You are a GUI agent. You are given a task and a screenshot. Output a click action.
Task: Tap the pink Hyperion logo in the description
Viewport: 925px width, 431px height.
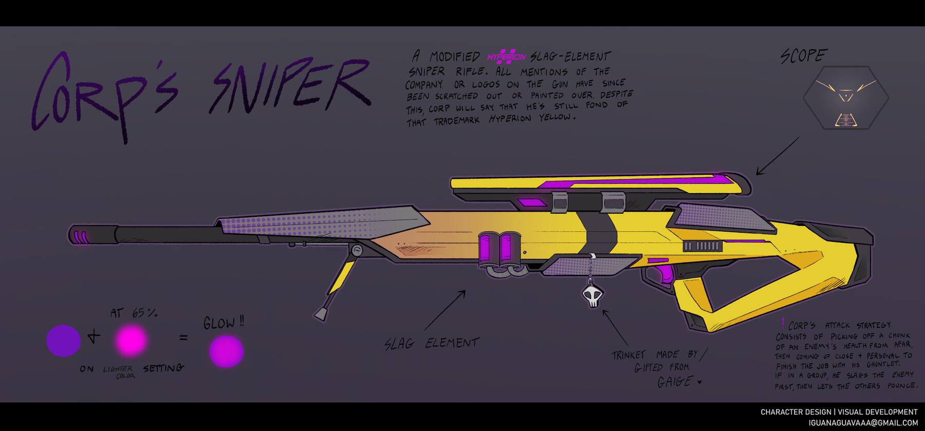[506, 57]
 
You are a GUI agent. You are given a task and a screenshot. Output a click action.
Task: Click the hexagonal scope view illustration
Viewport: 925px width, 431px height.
[845, 98]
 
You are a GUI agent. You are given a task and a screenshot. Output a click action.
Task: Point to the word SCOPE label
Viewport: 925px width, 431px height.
[803, 55]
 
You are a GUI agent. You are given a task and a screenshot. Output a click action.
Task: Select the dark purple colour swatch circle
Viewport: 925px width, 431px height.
[63, 341]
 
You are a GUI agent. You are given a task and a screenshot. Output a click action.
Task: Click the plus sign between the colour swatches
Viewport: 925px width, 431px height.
[94, 337]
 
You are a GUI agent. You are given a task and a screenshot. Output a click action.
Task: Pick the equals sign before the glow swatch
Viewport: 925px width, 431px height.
[183, 338]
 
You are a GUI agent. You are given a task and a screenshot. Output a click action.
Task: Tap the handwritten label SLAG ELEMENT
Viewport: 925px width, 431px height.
[431, 343]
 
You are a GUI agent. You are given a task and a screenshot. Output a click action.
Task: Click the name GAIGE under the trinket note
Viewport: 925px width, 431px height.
[675, 382]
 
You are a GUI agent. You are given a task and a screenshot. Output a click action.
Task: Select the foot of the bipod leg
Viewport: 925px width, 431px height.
[322, 313]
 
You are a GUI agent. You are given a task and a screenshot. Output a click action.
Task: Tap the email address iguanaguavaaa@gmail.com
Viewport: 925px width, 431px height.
[863, 423]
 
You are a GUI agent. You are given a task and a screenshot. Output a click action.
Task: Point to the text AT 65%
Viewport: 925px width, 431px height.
[134, 313]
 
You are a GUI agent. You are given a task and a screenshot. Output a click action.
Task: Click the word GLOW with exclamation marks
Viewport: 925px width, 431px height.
[223, 323]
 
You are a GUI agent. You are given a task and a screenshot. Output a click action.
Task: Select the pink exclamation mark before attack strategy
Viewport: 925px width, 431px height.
[783, 323]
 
